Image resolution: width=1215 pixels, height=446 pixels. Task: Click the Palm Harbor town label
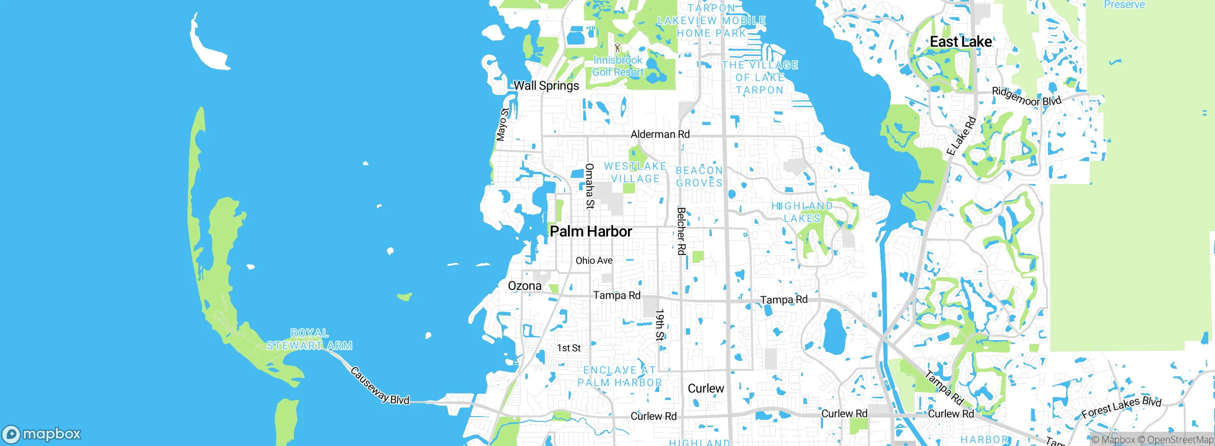(x=591, y=232)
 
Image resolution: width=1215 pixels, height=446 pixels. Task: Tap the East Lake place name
(x=961, y=42)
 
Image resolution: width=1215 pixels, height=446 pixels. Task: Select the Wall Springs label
(x=546, y=86)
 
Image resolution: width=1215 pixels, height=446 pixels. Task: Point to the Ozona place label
(x=524, y=286)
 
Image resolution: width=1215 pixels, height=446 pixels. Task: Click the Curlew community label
(x=706, y=389)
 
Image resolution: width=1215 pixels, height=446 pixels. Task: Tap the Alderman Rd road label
(x=660, y=134)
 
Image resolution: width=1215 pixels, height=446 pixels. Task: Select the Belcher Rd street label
(x=682, y=231)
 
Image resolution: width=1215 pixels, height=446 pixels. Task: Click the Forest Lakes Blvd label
(x=1121, y=407)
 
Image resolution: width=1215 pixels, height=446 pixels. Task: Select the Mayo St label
(x=502, y=124)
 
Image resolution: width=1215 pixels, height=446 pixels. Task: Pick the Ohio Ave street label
(x=594, y=260)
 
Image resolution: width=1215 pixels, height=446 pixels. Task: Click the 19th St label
(x=659, y=325)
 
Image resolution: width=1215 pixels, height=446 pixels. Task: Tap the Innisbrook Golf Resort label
(x=617, y=66)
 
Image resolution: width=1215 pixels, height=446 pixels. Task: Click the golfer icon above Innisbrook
(x=617, y=48)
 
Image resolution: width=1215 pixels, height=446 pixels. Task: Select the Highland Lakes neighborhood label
(x=802, y=212)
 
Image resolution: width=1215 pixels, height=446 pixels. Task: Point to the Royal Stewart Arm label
(x=309, y=339)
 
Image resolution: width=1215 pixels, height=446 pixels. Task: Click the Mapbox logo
(x=42, y=434)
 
